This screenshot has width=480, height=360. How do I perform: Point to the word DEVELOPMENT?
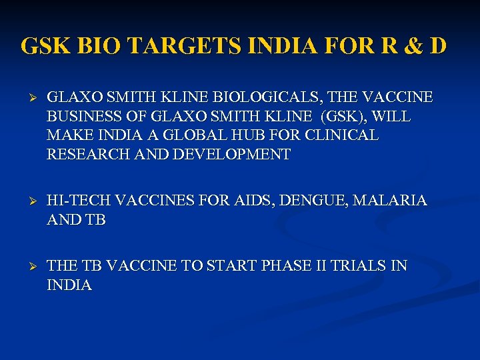point(231,155)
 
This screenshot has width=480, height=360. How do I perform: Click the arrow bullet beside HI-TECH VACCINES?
point(27,201)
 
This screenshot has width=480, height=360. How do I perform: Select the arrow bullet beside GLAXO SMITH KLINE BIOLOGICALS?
point(27,98)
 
